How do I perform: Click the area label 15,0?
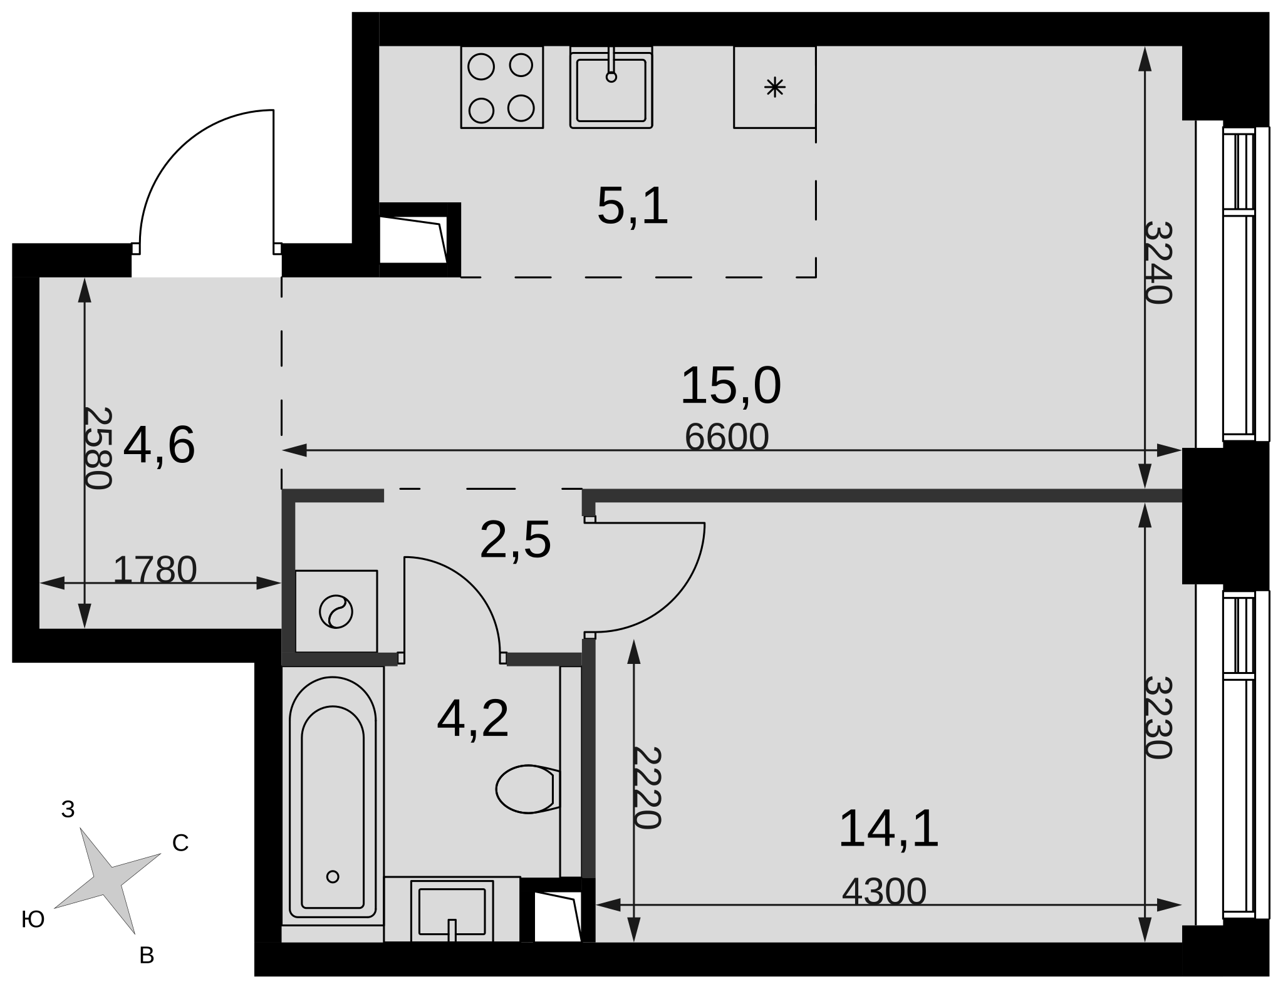(730, 386)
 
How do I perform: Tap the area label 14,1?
(888, 829)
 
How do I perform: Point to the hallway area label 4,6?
(159, 446)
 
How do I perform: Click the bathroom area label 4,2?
(473, 720)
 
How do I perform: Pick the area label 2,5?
(515, 540)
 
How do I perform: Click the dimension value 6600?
(727, 437)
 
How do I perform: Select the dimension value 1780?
(155, 570)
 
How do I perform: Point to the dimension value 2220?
(647, 788)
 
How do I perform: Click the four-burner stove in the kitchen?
(502, 87)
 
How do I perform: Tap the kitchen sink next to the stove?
(611, 87)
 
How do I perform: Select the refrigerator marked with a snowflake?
(775, 87)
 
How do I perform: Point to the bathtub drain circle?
(333, 877)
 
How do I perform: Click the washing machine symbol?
(336, 611)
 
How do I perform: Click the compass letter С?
(180, 844)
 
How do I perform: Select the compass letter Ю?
(33, 919)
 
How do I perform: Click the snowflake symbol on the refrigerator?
(775, 87)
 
